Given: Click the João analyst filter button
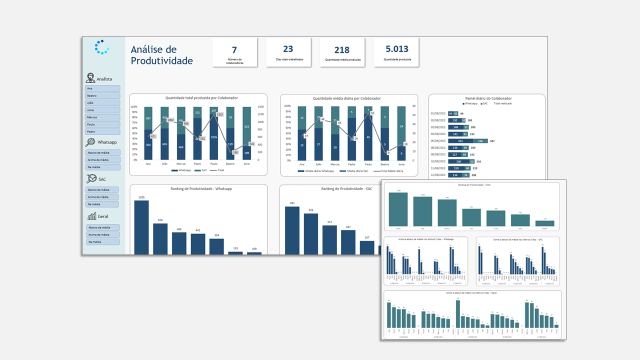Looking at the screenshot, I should [x=102, y=103].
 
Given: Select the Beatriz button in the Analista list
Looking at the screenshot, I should [x=102, y=95].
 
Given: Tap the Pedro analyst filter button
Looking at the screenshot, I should [x=102, y=132].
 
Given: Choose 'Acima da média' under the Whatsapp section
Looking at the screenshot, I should [x=102, y=160].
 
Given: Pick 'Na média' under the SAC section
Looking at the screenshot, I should [x=102, y=204].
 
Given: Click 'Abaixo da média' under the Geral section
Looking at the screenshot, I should [x=102, y=227].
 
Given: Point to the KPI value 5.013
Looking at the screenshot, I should [x=397, y=49].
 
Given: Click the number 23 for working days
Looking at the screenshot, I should [x=288, y=49].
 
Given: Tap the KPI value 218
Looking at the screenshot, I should [x=342, y=50].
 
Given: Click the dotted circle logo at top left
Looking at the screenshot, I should [x=102, y=47].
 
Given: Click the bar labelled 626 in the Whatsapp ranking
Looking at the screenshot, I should [x=160, y=239].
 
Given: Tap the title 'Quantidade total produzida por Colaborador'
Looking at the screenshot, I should [x=198, y=98].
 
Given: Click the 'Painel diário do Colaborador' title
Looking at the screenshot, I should [x=486, y=98].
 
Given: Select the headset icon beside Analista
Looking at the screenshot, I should [x=90, y=78].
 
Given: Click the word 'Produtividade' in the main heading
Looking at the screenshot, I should [x=161, y=61].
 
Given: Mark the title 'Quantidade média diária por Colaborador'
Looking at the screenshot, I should [x=349, y=98].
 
